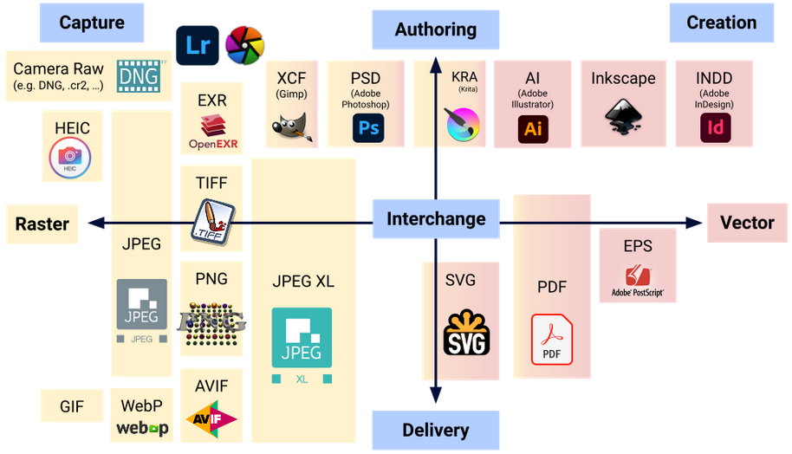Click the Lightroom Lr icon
198,45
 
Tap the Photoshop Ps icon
368,129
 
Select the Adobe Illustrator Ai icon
533,129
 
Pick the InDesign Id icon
715,129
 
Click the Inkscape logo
623,118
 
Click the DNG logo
140,75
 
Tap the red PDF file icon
552,340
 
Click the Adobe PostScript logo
638,280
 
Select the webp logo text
142,427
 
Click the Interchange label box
436,218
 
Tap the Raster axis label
42,224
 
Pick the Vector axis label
747,223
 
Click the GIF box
72,405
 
